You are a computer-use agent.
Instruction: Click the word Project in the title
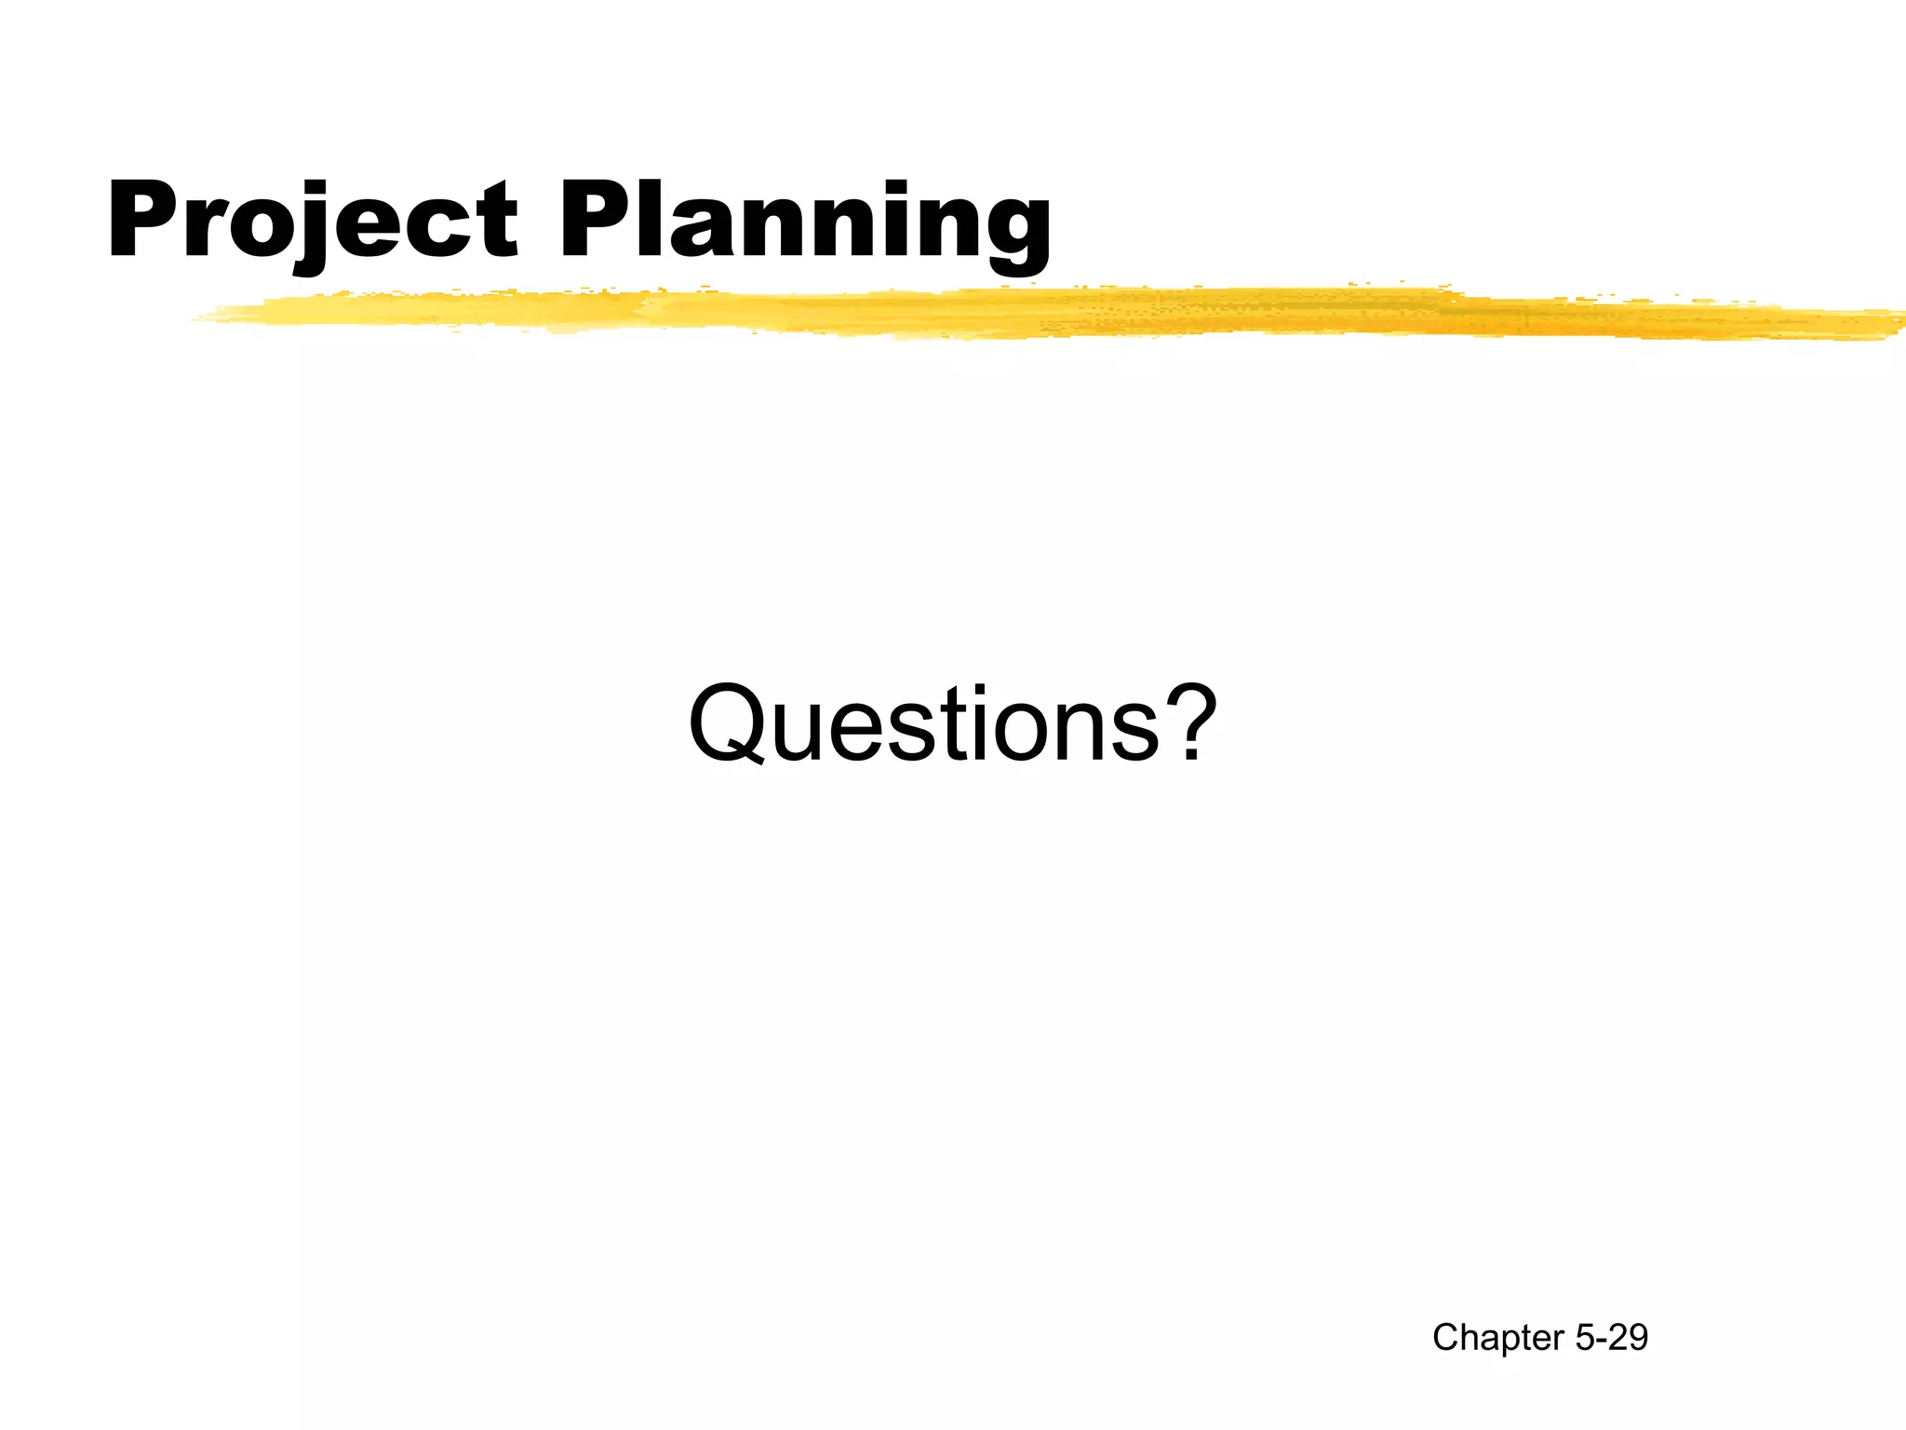pos(313,222)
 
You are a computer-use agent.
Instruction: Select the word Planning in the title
pos(805,222)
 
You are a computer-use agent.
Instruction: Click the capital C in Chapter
pos(1445,1338)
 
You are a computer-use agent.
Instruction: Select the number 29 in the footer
pos(1628,1338)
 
